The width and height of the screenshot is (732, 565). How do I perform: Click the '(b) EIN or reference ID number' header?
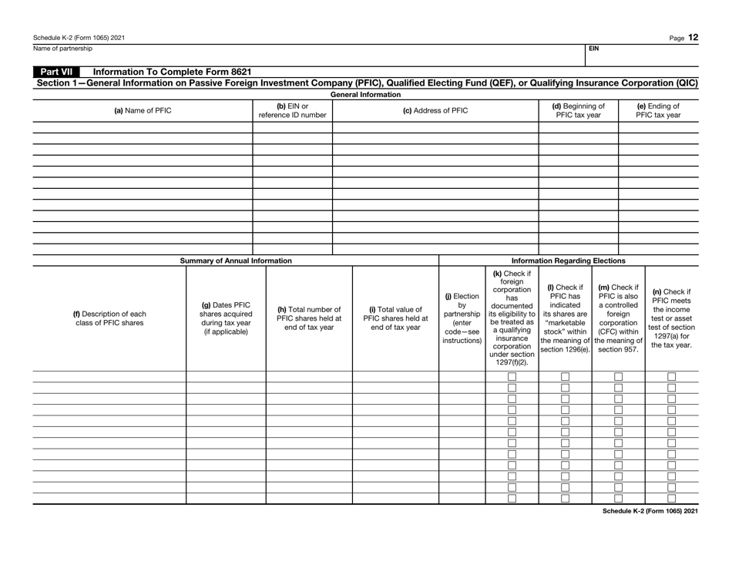[292, 110]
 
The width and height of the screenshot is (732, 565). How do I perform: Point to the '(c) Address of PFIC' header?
[435, 110]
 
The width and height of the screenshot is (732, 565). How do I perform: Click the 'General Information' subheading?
[365, 94]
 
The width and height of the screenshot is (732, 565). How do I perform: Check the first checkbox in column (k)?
[512, 377]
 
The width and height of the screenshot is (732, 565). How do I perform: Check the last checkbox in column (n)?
[671, 498]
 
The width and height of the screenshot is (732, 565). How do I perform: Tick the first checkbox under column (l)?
[565, 377]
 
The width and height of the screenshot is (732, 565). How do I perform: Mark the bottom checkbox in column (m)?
[618, 498]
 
